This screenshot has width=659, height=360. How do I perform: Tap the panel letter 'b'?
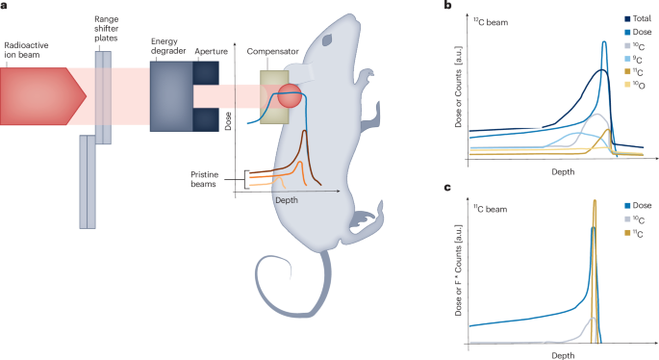[x=449, y=6]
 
